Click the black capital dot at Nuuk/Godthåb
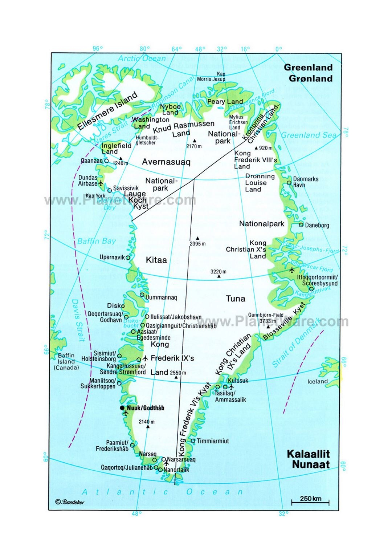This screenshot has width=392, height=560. pos(122,408)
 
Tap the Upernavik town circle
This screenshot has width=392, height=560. pos(128,257)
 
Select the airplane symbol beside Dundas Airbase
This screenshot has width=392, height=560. pos(101,183)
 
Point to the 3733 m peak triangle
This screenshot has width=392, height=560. pos(268,326)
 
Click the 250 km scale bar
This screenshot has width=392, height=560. pos(310,502)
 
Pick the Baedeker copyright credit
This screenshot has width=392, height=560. pos(70,502)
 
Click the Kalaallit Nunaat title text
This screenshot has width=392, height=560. pos(308,459)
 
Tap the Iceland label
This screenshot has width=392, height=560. pos(317,381)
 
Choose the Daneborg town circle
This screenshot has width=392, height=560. pos(301,225)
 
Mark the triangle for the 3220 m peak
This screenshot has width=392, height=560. pos(219,276)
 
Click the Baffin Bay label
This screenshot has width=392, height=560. pos(96,241)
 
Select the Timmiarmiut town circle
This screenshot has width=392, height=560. pos(193,441)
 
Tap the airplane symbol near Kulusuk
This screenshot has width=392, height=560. pos(231,386)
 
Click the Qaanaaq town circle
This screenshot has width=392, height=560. pos(106,161)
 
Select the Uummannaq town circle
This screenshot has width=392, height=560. pos(142,295)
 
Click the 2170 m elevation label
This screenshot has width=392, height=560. pos(194,146)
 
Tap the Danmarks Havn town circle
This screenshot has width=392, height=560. pos(289,183)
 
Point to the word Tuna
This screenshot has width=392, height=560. pos(236,299)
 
